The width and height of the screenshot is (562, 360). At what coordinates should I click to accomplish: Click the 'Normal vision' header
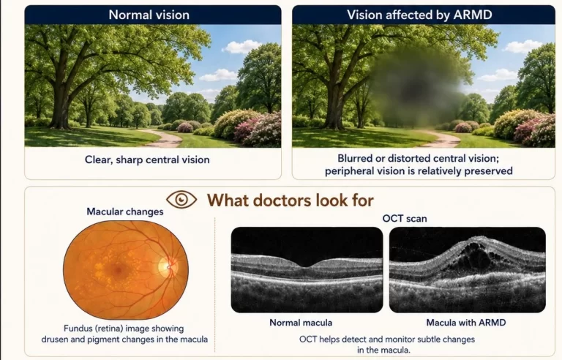[x=149, y=15]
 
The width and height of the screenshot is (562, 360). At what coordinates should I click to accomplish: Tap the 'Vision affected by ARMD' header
[x=419, y=15]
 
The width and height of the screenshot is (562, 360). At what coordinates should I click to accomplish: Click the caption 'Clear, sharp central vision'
[x=147, y=160]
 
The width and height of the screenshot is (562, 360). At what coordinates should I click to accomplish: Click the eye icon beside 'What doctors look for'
[x=181, y=199]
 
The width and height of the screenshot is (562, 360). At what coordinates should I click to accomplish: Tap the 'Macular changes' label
[x=124, y=211]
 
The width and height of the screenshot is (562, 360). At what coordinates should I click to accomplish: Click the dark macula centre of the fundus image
[x=117, y=269]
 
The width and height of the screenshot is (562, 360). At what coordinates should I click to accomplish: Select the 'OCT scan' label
[x=405, y=218]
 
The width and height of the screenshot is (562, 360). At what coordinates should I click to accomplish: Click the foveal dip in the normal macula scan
[x=307, y=266]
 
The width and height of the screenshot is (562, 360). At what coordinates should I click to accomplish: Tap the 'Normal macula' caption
[x=301, y=323]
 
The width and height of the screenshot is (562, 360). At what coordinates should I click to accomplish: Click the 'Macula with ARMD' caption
[x=466, y=323]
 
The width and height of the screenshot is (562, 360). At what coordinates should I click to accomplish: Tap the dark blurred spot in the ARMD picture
[x=418, y=88]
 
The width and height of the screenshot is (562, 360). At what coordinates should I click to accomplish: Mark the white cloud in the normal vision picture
[x=242, y=47]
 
